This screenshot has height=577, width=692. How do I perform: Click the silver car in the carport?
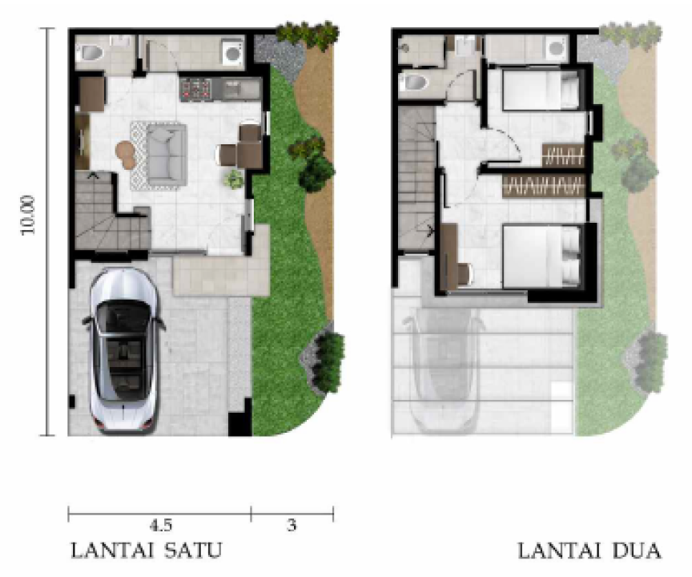pyautogui.click(x=123, y=350)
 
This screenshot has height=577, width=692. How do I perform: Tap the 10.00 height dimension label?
pyautogui.click(x=28, y=215)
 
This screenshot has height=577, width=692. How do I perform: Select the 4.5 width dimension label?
pyautogui.click(x=161, y=526)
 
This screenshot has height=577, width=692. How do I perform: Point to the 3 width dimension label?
pyautogui.click(x=292, y=526)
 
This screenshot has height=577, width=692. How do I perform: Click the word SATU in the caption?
pyautogui.click(x=193, y=551)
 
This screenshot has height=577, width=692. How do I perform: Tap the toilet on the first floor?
pyautogui.click(x=90, y=53)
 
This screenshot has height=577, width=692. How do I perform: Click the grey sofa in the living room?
pyautogui.click(x=167, y=155)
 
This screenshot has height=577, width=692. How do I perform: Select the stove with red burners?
pyautogui.click(x=195, y=89)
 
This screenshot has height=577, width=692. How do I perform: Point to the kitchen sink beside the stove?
pyautogui.click(x=240, y=89)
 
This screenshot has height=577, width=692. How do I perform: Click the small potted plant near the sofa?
pyautogui.click(x=233, y=180)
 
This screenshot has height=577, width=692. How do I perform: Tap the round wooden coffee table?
pyautogui.click(x=126, y=154)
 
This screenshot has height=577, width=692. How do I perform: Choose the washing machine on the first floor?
pyautogui.click(x=232, y=52)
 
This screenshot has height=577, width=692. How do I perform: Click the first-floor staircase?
pyautogui.click(x=111, y=211)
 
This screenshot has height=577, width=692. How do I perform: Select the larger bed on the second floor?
pyautogui.click(x=541, y=256)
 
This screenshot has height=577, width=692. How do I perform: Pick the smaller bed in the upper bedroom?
pyautogui.click(x=541, y=90)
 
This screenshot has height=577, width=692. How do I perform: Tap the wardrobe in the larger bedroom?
pyautogui.click(x=544, y=185)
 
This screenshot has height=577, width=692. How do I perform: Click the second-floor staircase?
pyautogui.click(x=416, y=179)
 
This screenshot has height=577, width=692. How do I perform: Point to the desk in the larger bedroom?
pyautogui.click(x=450, y=256)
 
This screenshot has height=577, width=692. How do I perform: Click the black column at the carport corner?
pyautogui.click(x=239, y=423)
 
